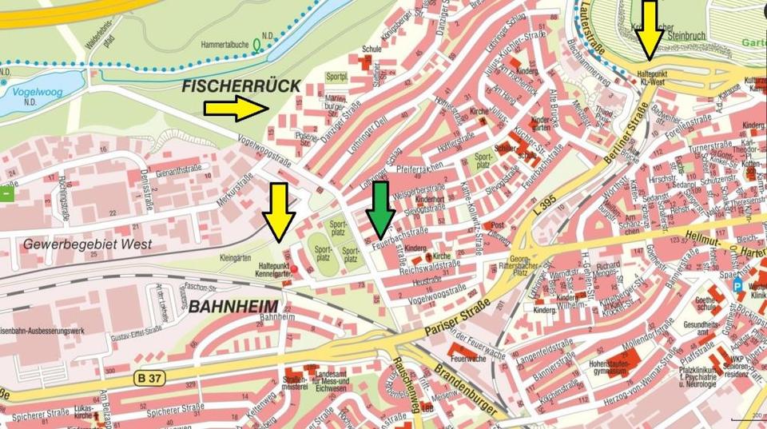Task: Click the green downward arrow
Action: (380, 205)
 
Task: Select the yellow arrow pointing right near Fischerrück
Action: (236, 108)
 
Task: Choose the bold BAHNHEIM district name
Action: (233, 306)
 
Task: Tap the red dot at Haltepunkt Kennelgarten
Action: (295, 268)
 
